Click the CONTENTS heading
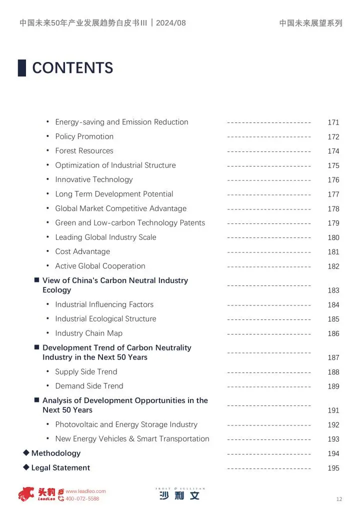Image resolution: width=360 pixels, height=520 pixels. (72, 68)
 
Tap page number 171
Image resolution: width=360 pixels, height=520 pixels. (333, 122)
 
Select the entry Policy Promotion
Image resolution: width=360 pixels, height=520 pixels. (84, 136)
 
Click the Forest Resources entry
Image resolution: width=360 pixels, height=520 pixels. (84, 151)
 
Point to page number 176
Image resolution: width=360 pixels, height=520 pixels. (333, 180)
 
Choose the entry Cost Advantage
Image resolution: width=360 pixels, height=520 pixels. (82, 251)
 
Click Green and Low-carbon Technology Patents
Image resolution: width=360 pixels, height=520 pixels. (130, 223)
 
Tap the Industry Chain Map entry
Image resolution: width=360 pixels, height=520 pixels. (88, 333)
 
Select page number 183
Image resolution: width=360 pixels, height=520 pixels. (333, 290)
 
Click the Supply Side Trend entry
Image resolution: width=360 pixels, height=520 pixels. (86, 372)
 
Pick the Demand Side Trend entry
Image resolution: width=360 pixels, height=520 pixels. (89, 386)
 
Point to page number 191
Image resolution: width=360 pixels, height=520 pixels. (333, 410)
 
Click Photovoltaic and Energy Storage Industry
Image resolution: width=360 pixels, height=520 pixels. (126, 424)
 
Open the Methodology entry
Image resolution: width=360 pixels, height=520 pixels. (56, 453)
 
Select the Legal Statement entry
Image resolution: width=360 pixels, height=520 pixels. (60, 468)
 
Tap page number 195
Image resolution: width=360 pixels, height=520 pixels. (333, 468)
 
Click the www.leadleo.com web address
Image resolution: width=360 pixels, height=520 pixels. (85, 491)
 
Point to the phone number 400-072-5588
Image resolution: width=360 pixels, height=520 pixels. (82, 499)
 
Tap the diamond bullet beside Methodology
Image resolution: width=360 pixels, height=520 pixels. (26, 453)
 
